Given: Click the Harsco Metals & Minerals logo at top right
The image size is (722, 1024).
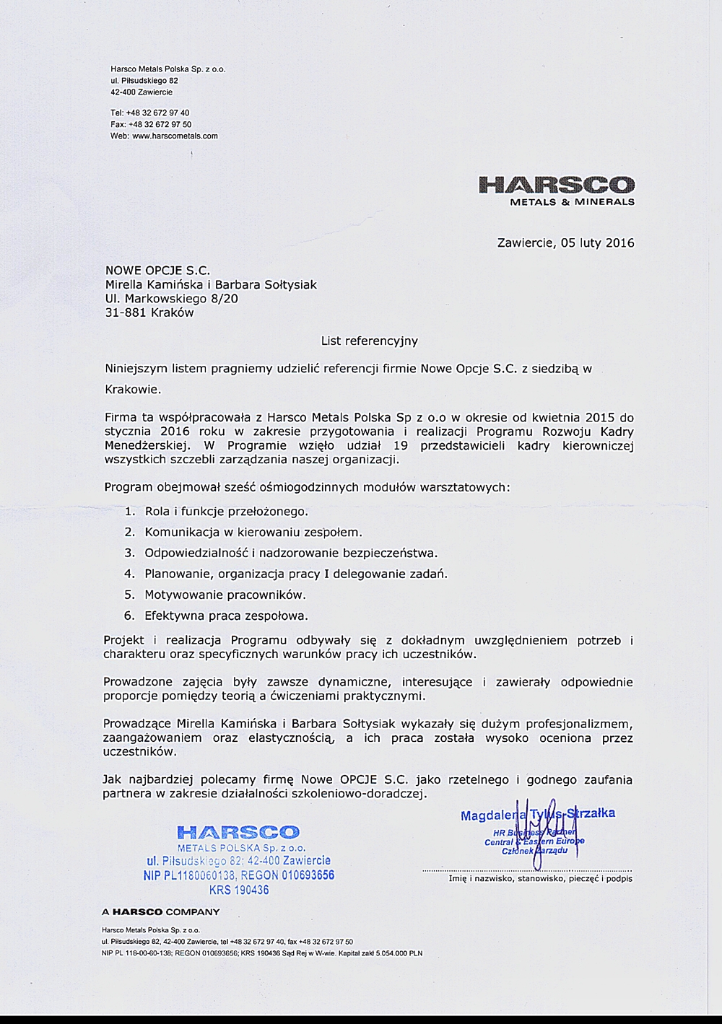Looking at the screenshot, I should pos(556,190).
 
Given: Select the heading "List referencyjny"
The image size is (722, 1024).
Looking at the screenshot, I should pos(369,340).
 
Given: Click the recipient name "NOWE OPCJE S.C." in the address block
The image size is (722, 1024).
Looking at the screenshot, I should pos(157,271).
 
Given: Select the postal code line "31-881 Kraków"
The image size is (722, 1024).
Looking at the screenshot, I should pos(149,312).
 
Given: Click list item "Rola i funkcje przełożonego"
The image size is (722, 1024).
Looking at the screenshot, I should pos(226,512).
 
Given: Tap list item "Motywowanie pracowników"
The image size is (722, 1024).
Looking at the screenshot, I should pos(225,595).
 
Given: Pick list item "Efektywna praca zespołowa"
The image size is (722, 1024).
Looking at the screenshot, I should pos(226,616).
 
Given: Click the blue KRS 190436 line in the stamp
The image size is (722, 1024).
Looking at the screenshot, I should pos(239,890).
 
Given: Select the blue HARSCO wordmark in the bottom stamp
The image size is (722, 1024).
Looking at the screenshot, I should pos(238,833).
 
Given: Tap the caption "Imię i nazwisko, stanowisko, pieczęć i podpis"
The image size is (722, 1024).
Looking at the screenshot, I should pos(540,879).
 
